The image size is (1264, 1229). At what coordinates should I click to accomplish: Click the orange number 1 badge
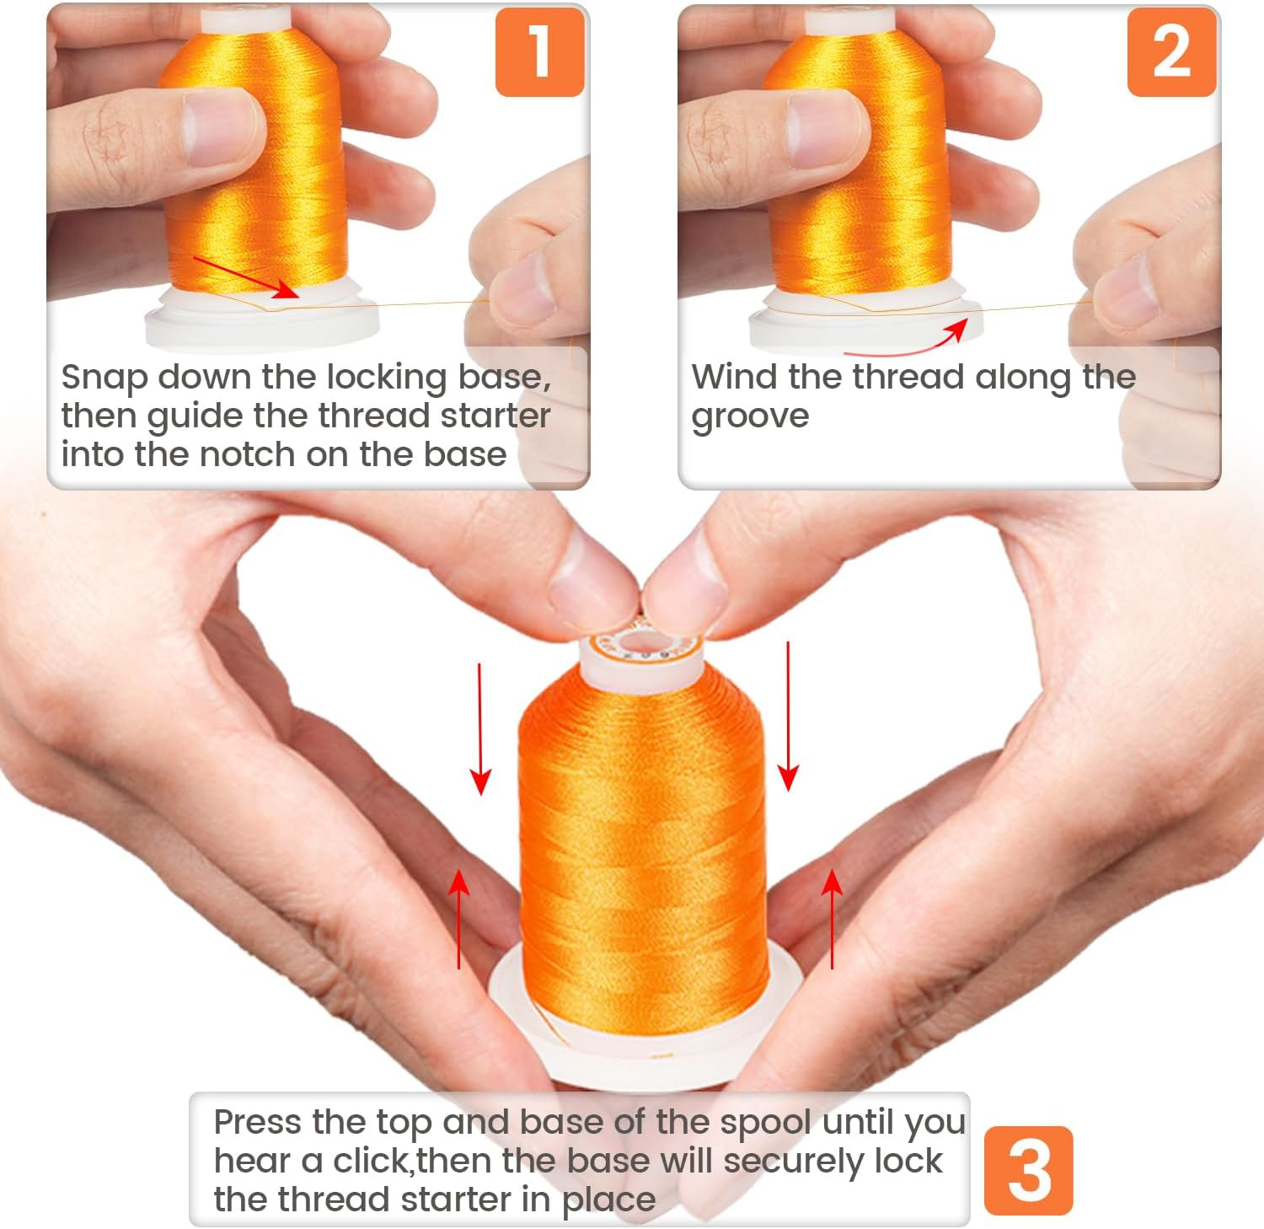click(x=540, y=51)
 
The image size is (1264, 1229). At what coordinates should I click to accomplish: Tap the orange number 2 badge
click(x=1171, y=51)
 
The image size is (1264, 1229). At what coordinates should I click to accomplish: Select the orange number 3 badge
click(x=1028, y=1170)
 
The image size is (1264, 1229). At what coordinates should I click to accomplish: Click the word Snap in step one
click(x=104, y=378)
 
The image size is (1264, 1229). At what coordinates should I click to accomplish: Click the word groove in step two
click(x=750, y=417)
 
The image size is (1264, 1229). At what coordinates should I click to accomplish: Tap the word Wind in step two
click(x=735, y=377)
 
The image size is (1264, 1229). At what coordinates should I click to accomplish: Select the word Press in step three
click(x=258, y=1122)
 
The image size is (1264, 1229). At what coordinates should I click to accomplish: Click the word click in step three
click(x=372, y=1161)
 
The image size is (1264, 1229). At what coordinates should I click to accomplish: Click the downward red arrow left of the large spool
click(x=480, y=729)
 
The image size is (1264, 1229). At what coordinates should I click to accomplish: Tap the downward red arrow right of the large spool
click(x=788, y=716)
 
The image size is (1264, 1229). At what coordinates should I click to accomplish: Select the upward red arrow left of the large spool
click(x=458, y=919)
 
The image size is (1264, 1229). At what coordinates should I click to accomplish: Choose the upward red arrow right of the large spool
click(x=833, y=919)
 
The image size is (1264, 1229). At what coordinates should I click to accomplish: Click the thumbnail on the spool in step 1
click(x=220, y=126)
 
